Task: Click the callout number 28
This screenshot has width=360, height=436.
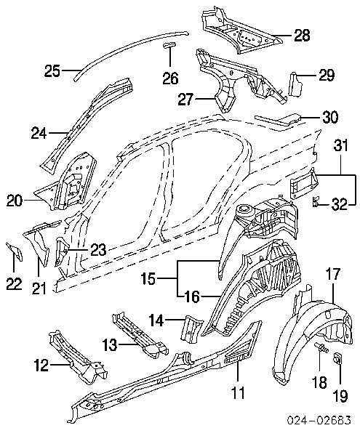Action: pos(302,36)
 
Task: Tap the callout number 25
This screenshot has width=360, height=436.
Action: pos(52,70)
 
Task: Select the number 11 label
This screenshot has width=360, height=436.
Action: pos(239,392)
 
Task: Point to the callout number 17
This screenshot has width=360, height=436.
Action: pos(333,274)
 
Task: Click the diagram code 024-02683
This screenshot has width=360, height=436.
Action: pos(319,420)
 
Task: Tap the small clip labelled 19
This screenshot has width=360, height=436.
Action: pos(337,358)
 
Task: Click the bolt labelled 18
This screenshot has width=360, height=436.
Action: pos(321,348)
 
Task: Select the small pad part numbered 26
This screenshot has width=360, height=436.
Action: pos(169,45)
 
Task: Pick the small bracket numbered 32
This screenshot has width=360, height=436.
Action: pos(315,201)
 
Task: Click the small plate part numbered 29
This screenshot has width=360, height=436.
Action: pos(294,84)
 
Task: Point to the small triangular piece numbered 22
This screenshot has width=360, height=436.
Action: pos(15,251)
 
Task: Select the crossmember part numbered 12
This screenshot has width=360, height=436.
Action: pos(78,357)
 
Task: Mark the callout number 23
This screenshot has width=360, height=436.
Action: pos(98,250)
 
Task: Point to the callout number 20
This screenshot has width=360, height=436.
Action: pos(15,201)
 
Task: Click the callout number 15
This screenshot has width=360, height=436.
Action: pos(148,278)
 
